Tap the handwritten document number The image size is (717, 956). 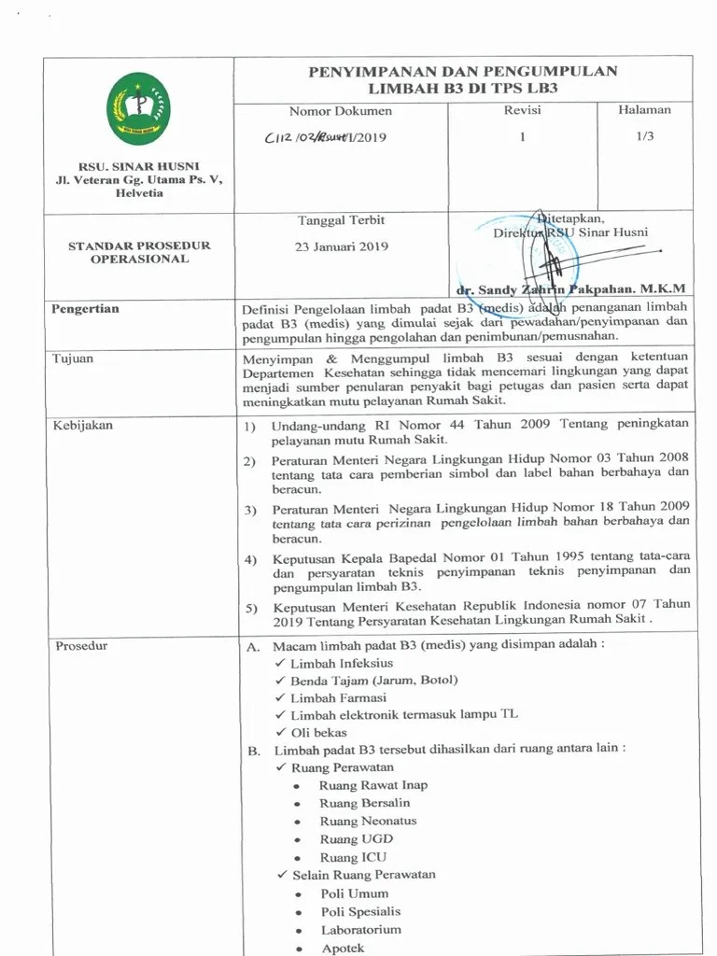pyautogui.click(x=325, y=137)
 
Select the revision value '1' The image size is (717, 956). pyautogui.click(x=523, y=137)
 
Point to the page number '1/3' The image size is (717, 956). pyautogui.click(x=644, y=136)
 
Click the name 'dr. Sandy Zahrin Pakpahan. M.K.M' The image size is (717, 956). pyautogui.click(x=570, y=289)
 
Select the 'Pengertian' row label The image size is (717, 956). pyautogui.click(x=85, y=309)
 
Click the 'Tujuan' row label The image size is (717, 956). pyautogui.click(x=73, y=358)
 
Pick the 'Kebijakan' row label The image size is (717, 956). pyautogui.click(x=82, y=425)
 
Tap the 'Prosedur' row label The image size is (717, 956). pyautogui.click(x=80, y=646)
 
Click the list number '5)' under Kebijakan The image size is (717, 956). pyautogui.click(x=250, y=609)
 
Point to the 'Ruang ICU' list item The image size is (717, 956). pyautogui.click(x=352, y=857)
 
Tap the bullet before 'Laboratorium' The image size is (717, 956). pyautogui.click(x=296, y=931)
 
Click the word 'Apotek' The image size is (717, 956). pyautogui.click(x=343, y=948)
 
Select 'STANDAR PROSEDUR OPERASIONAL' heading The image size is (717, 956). pyautogui.click(x=139, y=252)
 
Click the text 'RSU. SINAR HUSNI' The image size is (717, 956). pyautogui.click(x=138, y=166)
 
